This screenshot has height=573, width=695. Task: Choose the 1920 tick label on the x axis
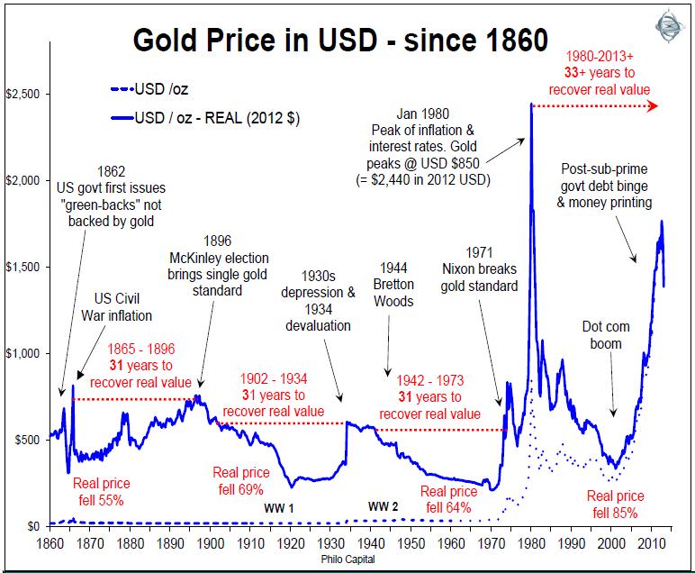tap(291, 544)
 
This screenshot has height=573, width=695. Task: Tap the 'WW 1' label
tap(278, 509)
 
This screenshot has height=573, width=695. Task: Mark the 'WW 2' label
tap(383, 506)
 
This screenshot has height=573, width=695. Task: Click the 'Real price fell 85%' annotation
tap(615, 504)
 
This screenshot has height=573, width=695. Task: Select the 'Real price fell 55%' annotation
tap(99, 492)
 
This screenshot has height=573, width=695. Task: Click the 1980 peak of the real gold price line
tap(531, 105)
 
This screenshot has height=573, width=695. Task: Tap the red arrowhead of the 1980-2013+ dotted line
tap(652, 106)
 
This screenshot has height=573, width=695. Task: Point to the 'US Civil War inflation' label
tap(122, 309)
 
